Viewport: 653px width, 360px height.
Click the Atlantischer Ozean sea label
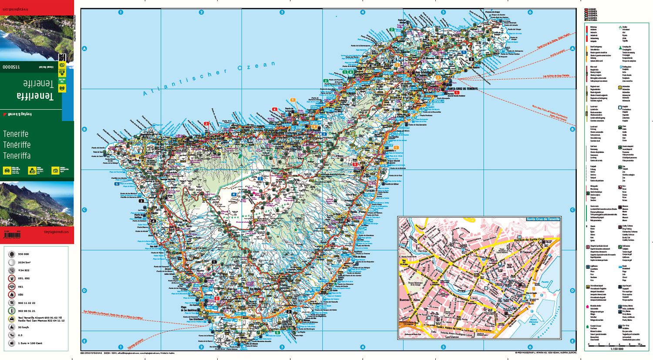coord(209,78)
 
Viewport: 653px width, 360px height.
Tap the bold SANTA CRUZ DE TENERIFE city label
coord(462,88)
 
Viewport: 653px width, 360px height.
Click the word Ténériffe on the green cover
coord(17,145)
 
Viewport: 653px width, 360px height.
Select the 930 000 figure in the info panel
coord(24,254)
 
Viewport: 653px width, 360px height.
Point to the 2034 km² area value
coord(24,262)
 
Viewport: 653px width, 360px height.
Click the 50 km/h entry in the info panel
coord(24,327)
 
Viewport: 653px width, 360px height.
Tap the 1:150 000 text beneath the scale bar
coord(616,349)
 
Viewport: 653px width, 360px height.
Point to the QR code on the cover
coord(62,57)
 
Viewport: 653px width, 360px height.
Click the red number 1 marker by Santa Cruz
coord(457,93)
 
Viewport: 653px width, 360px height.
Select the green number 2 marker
coord(392,30)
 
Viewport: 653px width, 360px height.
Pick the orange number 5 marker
coord(293,100)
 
